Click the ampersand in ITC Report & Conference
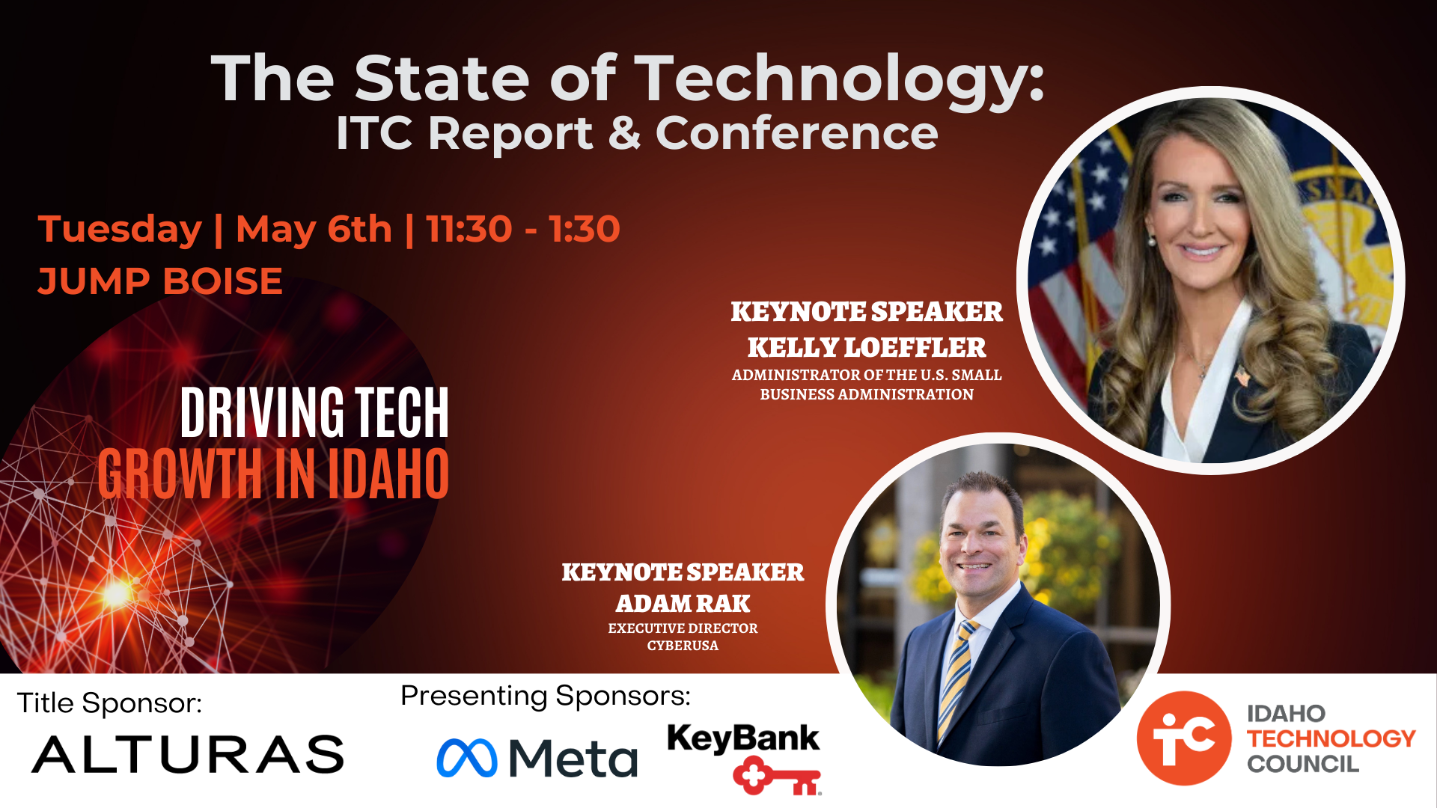[625, 133]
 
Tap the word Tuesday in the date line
[120, 230]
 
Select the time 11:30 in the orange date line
[469, 229]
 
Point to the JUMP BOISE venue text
[160, 281]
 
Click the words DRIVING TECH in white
[314, 412]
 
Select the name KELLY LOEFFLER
[867, 347]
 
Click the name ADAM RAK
[683, 603]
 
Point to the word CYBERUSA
[683, 646]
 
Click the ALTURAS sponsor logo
[188, 754]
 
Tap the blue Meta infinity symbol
[467, 758]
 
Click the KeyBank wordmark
[743, 738]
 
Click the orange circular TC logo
[1184, 738]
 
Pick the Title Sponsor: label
[109, 703]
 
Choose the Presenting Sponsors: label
[546, 697]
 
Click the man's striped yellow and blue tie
[954, 678]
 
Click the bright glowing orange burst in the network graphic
[118, 593]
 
